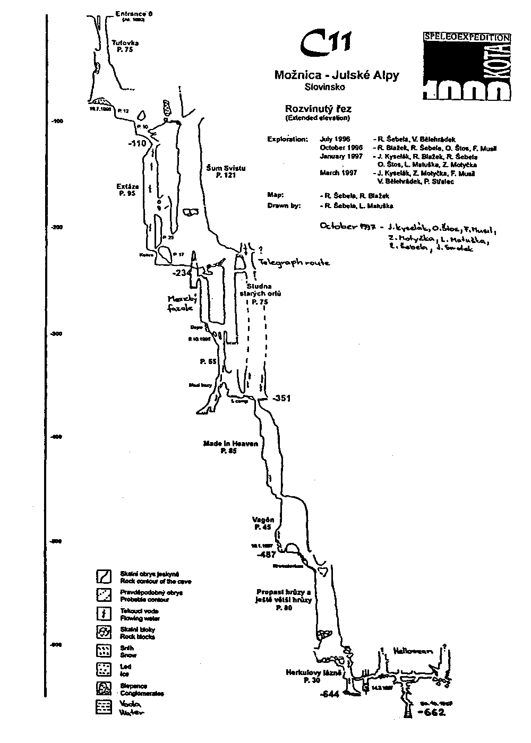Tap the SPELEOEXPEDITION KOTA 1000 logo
coord(467,66)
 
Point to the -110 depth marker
coord(136,143)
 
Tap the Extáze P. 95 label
coord(127,190)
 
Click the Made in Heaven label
coord(230,446)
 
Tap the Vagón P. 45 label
coord(263,523)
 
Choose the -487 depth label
coord(265,555)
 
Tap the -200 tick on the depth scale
coord(57,227)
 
